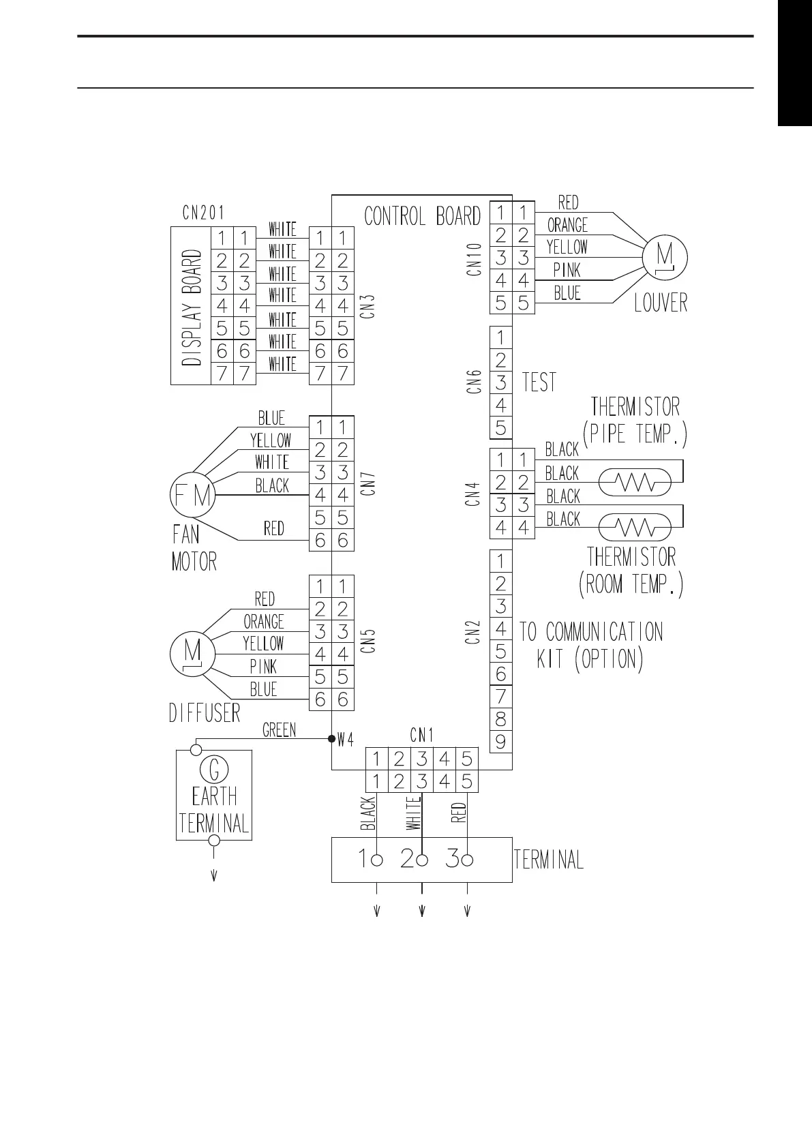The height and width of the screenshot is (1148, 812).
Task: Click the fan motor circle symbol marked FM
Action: point(192,495)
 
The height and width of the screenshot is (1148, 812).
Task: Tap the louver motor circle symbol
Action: point(665,258)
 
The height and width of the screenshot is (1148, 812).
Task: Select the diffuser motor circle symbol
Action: point(192,654)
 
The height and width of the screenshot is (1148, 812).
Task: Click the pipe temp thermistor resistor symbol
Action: point(635,483)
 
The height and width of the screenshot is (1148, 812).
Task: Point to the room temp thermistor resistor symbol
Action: point(635,528)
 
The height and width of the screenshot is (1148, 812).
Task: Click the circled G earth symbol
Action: point(214,770)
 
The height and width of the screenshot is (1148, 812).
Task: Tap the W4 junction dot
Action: point(332,738)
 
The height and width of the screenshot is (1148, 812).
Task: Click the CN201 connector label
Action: point(203,213)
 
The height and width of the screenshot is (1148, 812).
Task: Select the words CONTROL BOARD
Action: point(422,217)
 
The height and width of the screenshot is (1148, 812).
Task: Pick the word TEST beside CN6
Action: point(539,382)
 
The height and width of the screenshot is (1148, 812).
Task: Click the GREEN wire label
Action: point(280,731)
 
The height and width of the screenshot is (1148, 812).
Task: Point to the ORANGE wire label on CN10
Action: point(567,225)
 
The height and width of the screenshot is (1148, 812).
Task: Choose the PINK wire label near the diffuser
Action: point(263,667)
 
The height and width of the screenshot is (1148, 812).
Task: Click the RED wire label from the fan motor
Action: point(274,528)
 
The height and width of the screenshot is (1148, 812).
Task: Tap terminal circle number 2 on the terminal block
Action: point(422,860)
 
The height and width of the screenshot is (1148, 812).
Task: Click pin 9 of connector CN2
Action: point(501,742)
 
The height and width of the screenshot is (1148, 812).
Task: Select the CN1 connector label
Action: point(422,735)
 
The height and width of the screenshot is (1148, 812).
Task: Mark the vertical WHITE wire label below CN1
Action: point(413,813)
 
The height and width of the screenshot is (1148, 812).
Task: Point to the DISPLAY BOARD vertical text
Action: point(192,307)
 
